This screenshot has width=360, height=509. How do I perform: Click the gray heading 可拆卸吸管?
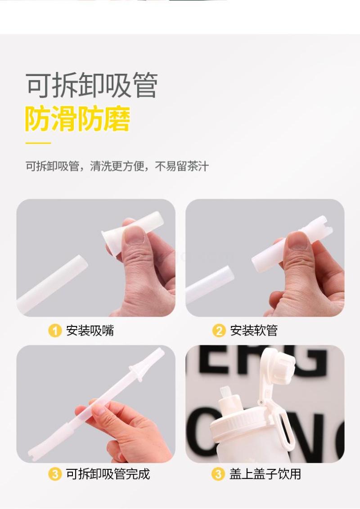92,85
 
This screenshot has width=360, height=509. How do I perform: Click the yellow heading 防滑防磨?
78,119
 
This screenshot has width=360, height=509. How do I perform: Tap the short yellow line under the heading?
38,143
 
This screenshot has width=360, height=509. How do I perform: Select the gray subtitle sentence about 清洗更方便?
117,166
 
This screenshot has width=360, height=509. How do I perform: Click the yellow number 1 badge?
54,331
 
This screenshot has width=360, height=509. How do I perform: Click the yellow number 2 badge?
219,331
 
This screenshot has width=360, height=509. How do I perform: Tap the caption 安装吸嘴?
90,331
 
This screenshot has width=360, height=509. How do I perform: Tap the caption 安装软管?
254,331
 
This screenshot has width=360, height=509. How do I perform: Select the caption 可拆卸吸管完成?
108,474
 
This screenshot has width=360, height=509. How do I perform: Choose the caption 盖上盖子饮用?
265,474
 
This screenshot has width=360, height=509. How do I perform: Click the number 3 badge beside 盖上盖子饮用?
218,474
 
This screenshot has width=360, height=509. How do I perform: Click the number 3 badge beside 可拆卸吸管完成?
54,474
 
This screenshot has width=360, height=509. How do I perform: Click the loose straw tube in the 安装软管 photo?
210,284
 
